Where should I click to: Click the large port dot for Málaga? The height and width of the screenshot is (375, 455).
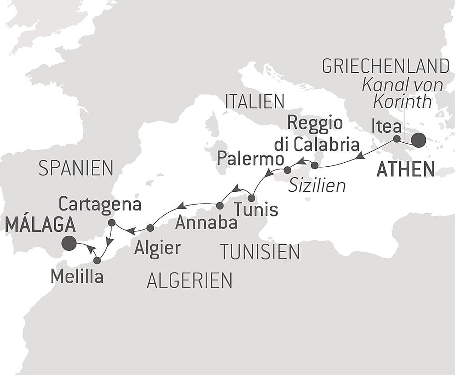69,243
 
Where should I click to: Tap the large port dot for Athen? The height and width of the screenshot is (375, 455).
419,140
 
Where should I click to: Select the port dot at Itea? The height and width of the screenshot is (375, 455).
397,139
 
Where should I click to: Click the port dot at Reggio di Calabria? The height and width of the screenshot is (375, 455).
314,165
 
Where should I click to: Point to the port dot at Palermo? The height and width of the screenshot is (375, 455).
287,170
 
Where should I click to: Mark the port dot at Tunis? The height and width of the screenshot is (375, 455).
251,198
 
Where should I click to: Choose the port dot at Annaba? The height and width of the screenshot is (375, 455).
220,205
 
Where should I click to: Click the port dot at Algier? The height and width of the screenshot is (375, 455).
150,227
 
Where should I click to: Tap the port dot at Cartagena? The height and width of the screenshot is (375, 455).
111,222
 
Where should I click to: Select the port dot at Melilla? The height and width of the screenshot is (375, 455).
97,260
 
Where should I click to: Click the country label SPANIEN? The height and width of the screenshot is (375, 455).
76,169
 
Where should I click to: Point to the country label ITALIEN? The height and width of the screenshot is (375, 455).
255,102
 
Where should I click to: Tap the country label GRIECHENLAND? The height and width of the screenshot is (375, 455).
385,66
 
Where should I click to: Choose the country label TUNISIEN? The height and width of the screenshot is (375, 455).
260,251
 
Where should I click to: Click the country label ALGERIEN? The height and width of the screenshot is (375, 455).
189,280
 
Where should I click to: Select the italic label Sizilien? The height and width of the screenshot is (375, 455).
317,185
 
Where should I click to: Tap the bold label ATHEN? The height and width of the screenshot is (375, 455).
405,170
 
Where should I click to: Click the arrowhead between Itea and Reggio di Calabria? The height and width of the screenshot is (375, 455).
360,156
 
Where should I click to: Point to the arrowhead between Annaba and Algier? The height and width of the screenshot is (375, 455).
181,205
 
